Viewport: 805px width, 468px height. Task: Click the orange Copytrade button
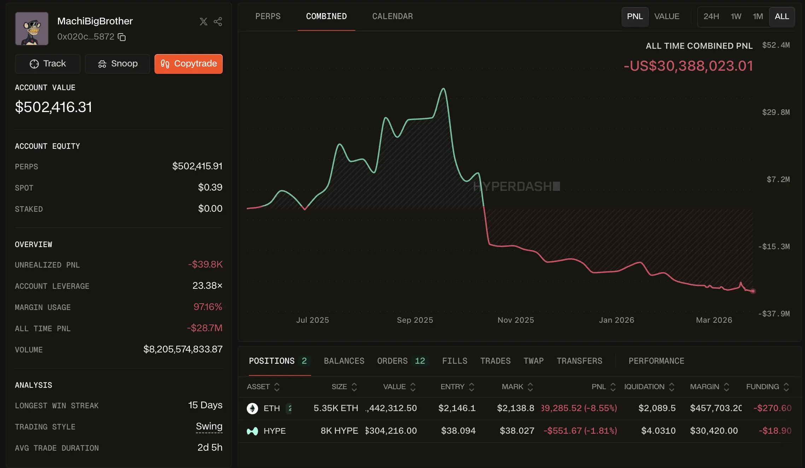click(x=188, y=64)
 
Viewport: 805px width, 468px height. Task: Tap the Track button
click(x=48, y=64)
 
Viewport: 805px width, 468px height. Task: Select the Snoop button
click(x=117, y=64)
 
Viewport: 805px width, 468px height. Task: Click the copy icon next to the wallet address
click(x=122, y=37)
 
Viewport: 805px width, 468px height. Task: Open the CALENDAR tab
click(x=392, y=16)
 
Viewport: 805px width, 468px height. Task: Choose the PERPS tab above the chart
click(x=268, y=16)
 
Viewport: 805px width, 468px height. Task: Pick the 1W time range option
click(x=736, y=17)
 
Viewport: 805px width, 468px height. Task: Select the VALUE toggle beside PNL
click(x=666, y=17)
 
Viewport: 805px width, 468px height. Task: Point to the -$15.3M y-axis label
click(x=774, y=246)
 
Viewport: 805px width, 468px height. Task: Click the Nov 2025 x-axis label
click(x=515, y=320)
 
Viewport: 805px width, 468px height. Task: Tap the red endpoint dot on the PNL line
click(x=753, y=291)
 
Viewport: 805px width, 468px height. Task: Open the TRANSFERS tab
click(x=579, y=361)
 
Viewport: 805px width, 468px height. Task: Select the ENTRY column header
click(x=453, y=387)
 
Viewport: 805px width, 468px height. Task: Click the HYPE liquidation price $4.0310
click(x=658, y=431)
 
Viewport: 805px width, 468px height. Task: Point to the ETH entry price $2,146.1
click(x=457, y=408)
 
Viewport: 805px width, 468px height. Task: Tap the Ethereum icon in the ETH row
click(x=252, y=408)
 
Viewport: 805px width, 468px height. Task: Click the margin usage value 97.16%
click(x=208, y=307)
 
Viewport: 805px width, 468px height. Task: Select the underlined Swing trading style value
click(x=209, y=426)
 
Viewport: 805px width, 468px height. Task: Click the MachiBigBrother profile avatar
click(x=32, y=29)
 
